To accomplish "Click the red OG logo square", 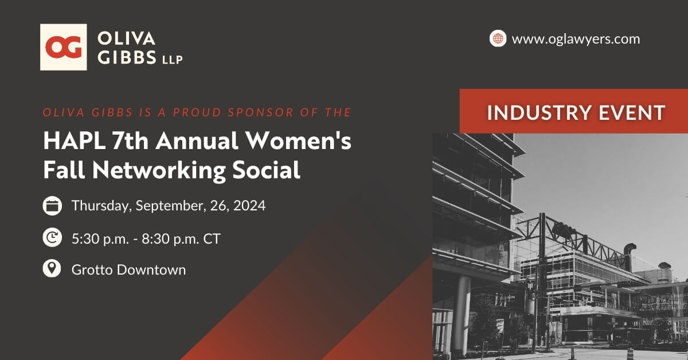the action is (x=64, y=47).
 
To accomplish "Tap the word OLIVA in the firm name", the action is (x=126, y=39).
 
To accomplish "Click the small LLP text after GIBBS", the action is (x=173, y=59).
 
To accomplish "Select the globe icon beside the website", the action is (x=498, y=38).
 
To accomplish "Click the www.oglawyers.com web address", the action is (x=576, y=39).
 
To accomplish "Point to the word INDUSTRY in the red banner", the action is (x=539, y=112).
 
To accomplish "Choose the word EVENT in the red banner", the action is (x=632, y=112).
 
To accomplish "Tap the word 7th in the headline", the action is (x=130, y=141).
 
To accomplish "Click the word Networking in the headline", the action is (x=159, y=170).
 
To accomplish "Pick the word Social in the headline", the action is (x=266, y=170).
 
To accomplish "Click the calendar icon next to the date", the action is (x=52, y=205).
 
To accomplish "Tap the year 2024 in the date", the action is (x=249, y=205).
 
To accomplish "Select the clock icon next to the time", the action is (x=52, y=237).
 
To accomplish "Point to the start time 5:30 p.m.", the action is (x=100, y=238).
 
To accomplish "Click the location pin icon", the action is (x=52, y=268).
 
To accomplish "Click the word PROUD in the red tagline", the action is (x=197, y=112).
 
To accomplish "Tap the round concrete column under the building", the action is (x=462, y=314).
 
